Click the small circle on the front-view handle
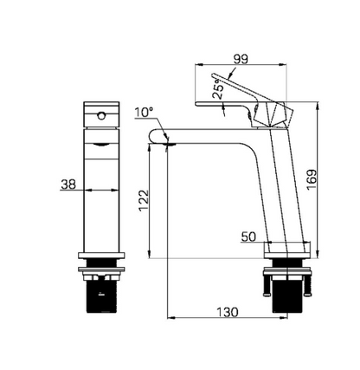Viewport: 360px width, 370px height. (x=103, y=114)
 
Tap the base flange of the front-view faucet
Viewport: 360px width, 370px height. (x=103, y=257)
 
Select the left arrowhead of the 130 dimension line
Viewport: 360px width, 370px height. (x=167, y=317)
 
